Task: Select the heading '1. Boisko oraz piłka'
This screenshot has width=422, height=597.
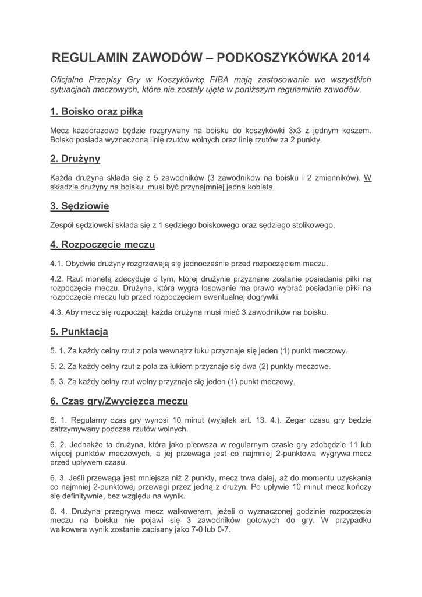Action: [96, 111]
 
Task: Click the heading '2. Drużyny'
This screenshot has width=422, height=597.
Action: [75, 159]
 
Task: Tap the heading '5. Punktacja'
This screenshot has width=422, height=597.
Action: [79, 332]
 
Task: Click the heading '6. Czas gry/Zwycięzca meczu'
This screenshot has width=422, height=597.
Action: [119, 402]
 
